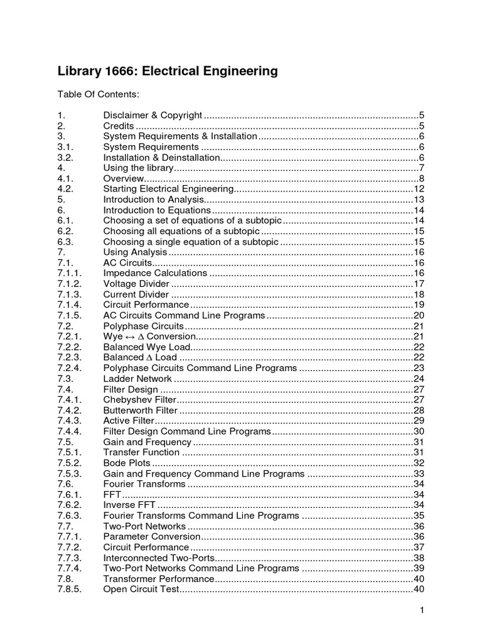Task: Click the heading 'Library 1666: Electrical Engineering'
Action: pyautogui.click(x=167, y=71)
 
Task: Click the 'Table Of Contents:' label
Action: pyautogui.click(x=98, y=94)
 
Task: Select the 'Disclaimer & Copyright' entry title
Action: pyautogui.click(x=153, y=115)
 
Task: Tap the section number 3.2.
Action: pyautogui.click(x=65, y=158)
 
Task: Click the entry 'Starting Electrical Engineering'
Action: pyautogui.click(x=168, y=189)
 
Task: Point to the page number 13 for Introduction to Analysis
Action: pyautogui.click(x=419, y=200)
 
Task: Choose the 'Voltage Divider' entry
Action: pyautogui.click(x=136, y=284)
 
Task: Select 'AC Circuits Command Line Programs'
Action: pyautogui.click(x=184, y=315)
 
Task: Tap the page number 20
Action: pyautogui.click(x=419, y=315)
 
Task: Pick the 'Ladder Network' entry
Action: pyautogui.click(x=137, y=379)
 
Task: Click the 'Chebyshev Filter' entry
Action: pyautogui.click(x=139, y=400)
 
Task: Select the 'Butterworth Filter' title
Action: pyautogui.click(x=141, y=410)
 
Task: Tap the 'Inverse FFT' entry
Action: pyautogui.click(x=129, y=505)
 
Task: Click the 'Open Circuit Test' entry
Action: pyautogui.click(x=141, y=589)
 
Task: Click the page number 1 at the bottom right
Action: pyautogui.click(x=423, y=610)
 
